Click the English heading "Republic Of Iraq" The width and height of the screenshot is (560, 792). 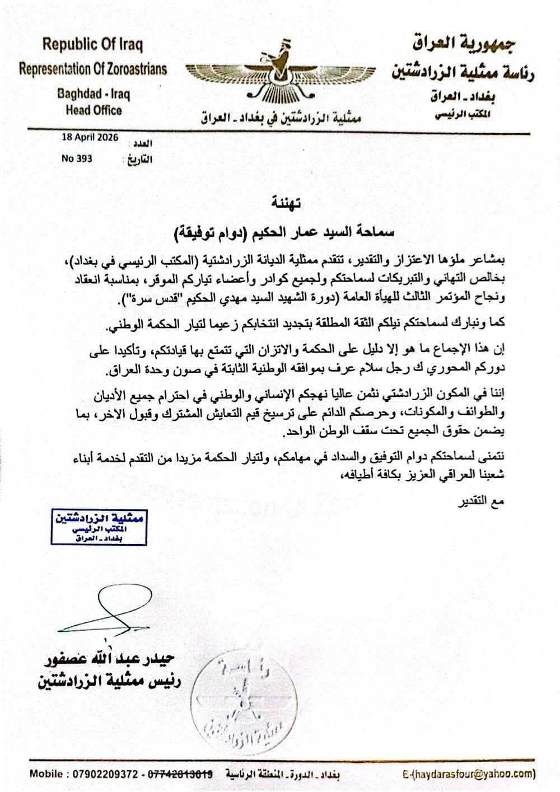coord(93,44)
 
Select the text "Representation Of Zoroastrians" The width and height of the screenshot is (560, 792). coord(93,69)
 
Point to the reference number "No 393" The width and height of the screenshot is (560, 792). coord(77,158)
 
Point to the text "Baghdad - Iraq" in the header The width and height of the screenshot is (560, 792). coord(94,93)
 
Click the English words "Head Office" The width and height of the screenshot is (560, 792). coord(94,110)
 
